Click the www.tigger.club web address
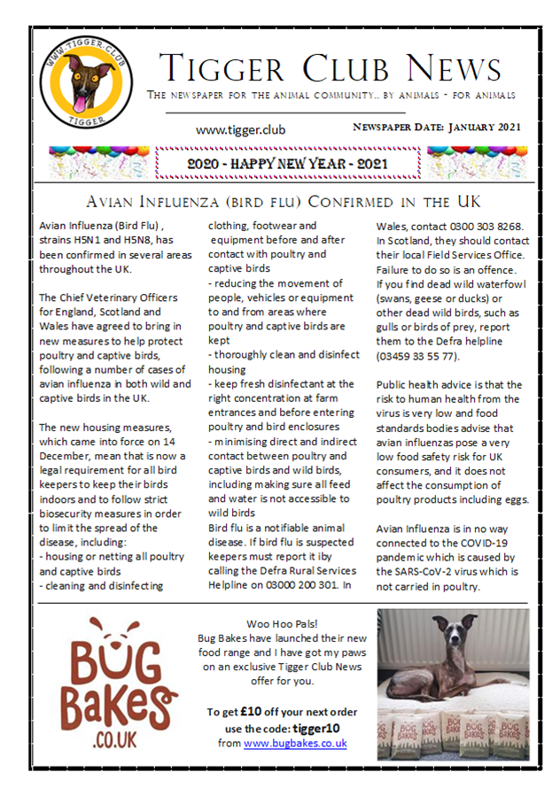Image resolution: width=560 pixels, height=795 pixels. pos(241,130)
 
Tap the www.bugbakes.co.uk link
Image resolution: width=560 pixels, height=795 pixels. pos(295,744)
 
